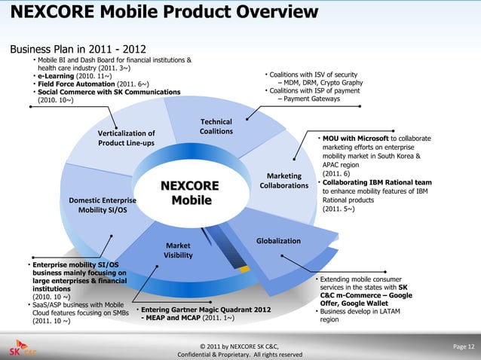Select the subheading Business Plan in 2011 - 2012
(x=78, y=50)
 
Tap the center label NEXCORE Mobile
(x=189, y=193)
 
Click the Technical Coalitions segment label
(x=216, y=127)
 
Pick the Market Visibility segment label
(x=178, y=250)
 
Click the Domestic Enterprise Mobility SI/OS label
(x=103, y=206)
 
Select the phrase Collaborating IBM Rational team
(x=377, y=182)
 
